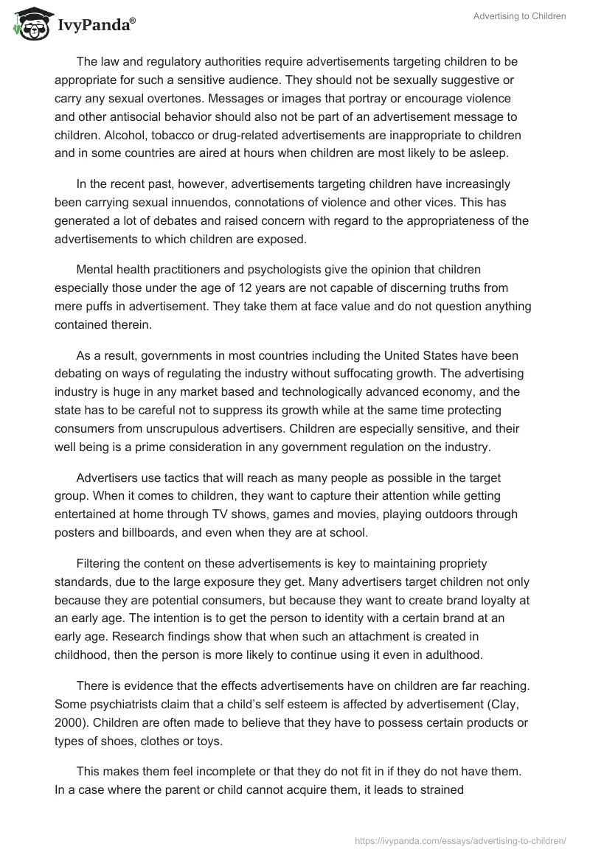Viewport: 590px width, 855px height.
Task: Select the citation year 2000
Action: pos(69,721)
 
